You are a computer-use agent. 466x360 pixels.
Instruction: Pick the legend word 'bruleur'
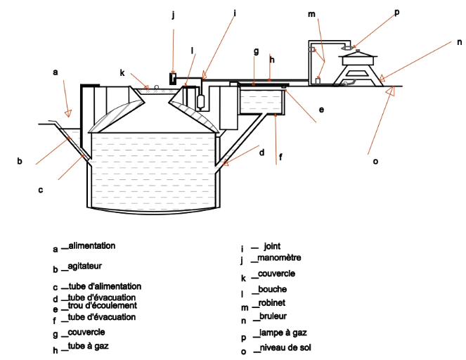pos(273,317)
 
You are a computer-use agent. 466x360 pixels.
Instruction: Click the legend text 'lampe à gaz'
pos(283,333)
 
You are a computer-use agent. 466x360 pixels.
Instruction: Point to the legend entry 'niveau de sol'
pos(285,347)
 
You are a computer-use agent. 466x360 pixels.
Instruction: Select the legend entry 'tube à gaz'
pos(89,346)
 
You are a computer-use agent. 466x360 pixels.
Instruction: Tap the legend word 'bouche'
pos(273,289)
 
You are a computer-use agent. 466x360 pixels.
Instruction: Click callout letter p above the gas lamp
pos(396,12)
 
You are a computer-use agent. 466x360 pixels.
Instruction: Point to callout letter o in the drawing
pos(375,161)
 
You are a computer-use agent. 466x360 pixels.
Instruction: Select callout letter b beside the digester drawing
pos(20,161)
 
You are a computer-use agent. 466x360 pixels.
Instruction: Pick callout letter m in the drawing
pos(311,15)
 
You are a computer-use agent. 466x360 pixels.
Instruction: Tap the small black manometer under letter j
pos(172,77)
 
